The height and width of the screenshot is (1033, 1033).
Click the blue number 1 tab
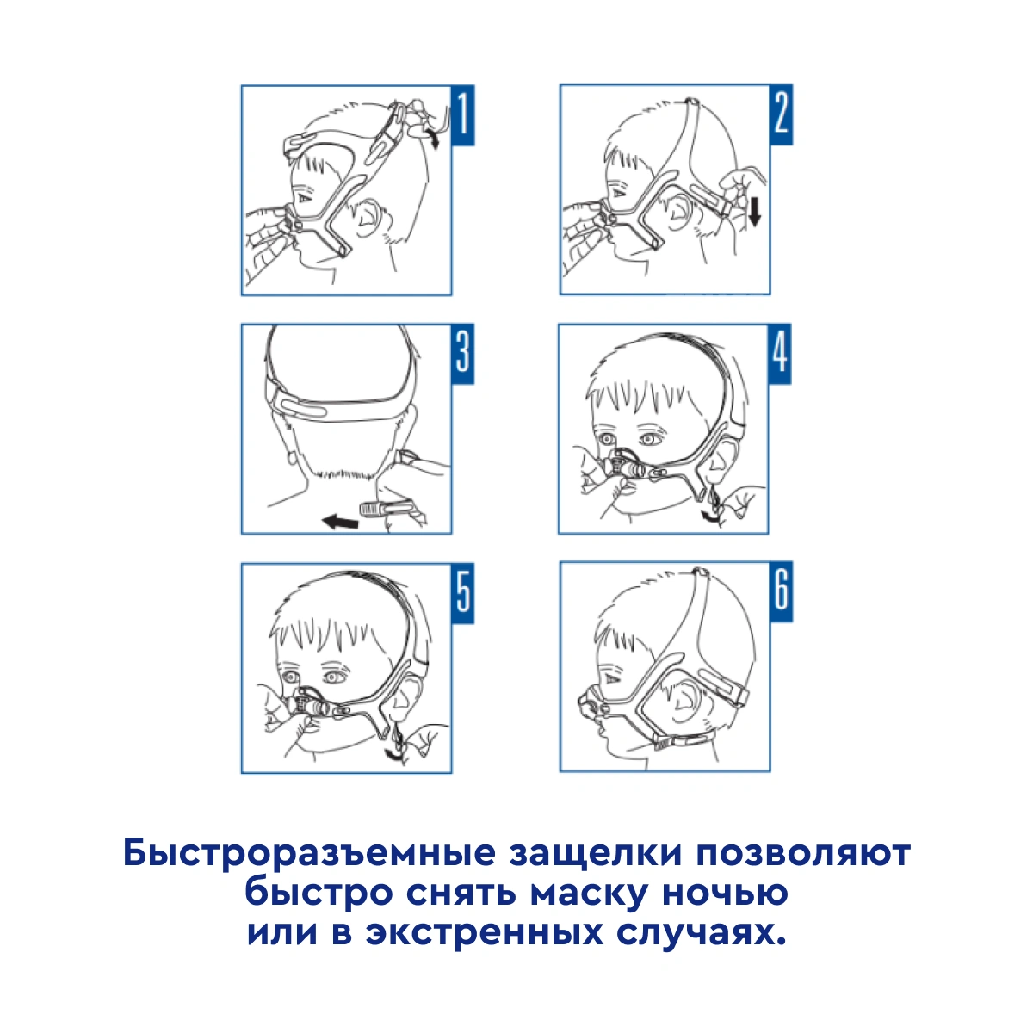coord(462,114)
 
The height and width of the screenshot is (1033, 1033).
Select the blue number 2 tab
coord(781,114)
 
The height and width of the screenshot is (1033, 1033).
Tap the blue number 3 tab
coord(462,354)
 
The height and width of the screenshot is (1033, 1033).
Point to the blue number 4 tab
coord(780,354)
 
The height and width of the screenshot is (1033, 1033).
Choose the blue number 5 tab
coord(462,593)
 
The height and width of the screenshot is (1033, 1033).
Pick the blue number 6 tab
coord(781,591)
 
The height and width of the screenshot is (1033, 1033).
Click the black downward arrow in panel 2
coord(755,211)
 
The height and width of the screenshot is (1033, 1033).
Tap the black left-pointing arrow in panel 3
coord(340,521)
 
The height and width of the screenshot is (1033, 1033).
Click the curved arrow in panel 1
coord(432,139)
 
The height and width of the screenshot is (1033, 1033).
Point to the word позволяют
coord(803,853)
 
